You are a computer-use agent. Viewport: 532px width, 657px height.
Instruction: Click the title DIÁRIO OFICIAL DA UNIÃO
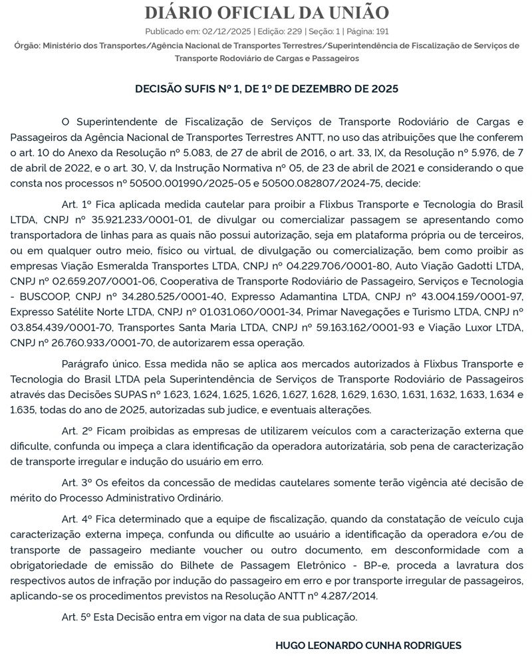266,13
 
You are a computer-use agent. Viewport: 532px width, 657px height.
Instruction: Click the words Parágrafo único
100,364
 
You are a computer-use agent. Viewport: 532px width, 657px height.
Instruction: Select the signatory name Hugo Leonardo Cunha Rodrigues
368,645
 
